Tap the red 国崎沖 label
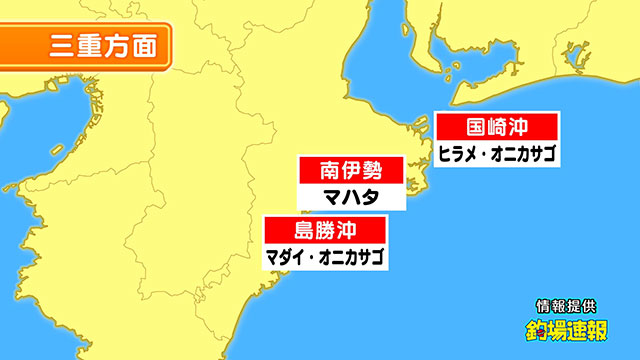(497, 128)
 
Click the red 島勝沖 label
(326, 229)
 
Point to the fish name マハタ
(350, 196)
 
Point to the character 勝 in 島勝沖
(326, 229)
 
